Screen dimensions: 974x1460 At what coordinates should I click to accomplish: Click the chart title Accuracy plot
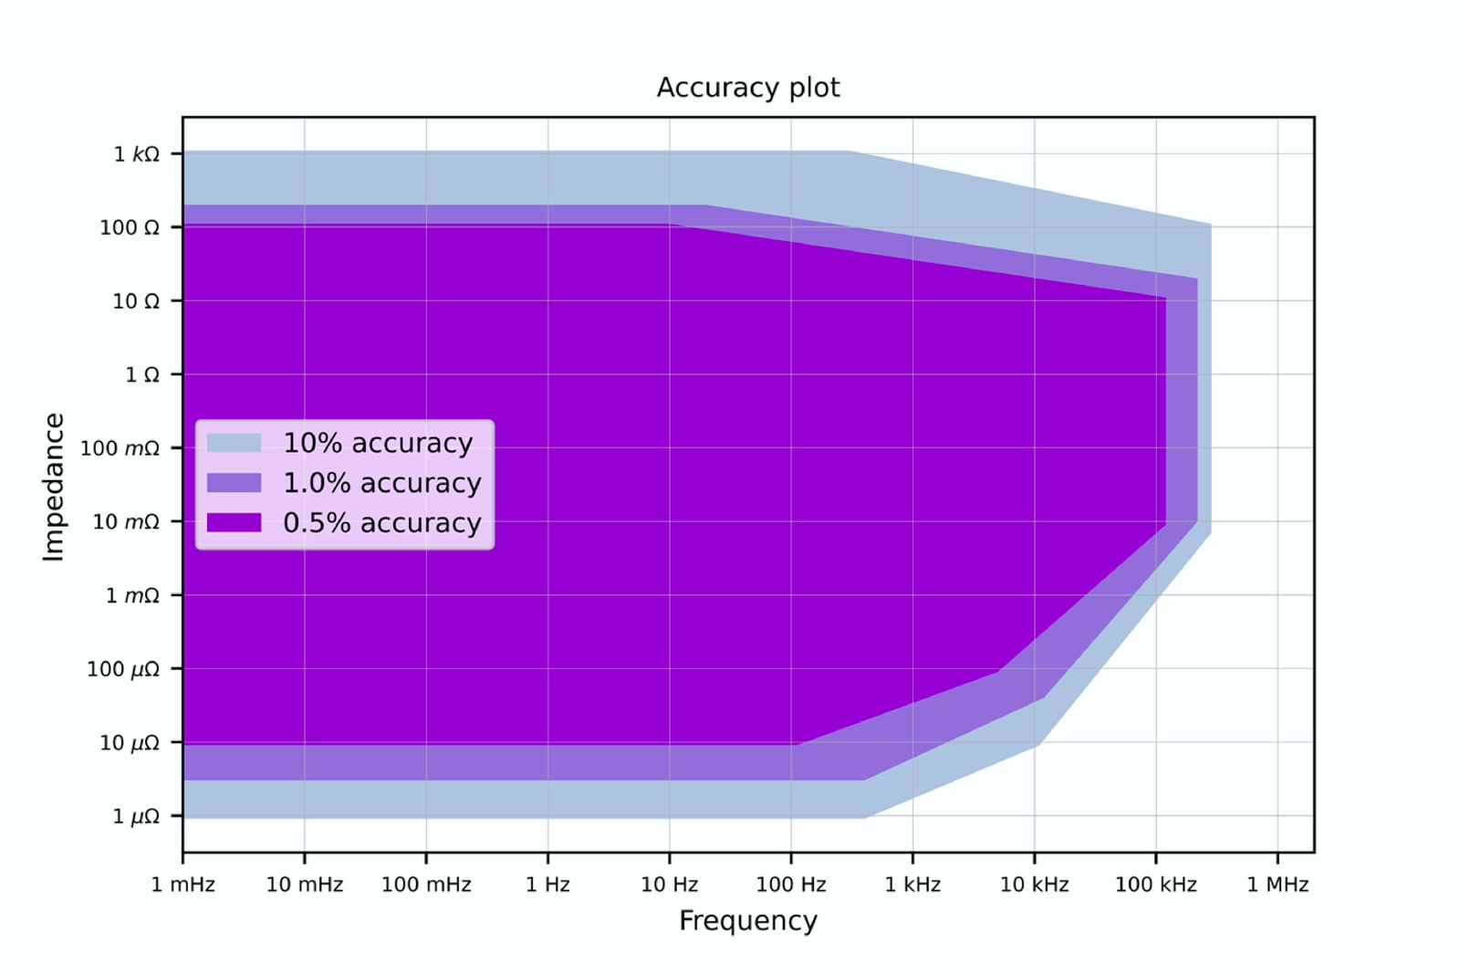(x=747, y=88)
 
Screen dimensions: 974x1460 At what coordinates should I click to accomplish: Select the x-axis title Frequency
(x=747, y=921)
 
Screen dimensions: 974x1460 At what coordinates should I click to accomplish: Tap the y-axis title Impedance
(x=54, y=487)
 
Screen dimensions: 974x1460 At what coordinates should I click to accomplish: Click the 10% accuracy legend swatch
(x=235, y=443)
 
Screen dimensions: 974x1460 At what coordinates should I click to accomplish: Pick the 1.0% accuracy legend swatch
(x=235, y=483)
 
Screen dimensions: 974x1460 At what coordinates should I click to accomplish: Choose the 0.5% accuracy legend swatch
(x=235, y=522)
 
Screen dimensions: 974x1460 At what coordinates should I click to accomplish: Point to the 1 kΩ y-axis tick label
(x=136, y=154)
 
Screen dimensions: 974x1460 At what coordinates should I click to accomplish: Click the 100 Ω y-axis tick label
(x=129, y=227)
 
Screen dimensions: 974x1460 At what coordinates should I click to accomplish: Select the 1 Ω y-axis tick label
(x=141, y=375)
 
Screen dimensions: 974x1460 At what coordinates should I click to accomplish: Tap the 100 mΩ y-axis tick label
(x=120, y=448)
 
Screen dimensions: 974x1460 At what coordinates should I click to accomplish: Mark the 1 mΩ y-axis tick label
(x=132, y=596)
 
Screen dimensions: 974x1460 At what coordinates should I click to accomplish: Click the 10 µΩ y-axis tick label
(x=129, y=743)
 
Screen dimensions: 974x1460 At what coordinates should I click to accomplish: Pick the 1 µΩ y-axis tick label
(x=135, y=816)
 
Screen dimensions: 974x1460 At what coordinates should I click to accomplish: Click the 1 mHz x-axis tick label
(x=182, y=885)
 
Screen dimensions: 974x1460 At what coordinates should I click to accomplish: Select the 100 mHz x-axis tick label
(x=426, y=885)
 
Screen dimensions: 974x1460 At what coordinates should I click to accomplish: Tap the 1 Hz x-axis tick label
(x=547, y=885)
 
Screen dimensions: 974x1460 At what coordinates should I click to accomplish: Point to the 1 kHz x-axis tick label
(x=912, y=885)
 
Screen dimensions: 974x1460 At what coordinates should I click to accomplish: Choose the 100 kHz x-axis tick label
(x=1155, y=885)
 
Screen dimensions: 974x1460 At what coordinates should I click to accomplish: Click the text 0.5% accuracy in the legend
(x=381, y=523)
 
